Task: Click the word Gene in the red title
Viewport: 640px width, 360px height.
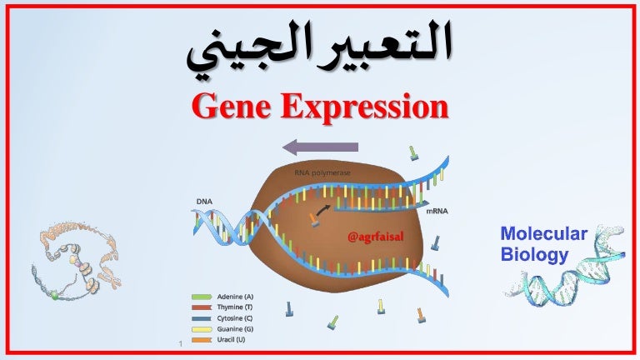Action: [x=232, y=106]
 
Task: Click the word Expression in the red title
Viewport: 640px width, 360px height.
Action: [x=364, y=107]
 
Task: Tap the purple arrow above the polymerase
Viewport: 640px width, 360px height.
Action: [x=320, y=147]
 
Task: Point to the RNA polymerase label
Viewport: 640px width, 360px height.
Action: [x=322, y=173]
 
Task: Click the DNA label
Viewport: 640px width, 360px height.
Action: [x=204, y=202]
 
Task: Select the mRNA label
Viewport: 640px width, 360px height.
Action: [x=437, y=211]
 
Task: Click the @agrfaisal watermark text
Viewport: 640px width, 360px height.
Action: [x=376, y=237]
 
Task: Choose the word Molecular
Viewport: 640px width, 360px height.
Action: [x=543, y=234]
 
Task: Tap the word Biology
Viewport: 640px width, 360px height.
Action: [x=534, y=254]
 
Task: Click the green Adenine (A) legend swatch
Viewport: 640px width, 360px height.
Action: [x=202, y=297]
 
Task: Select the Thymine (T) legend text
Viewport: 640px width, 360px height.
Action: [x=235, y=307]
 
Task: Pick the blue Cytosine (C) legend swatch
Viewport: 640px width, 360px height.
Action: [x=202, y=318]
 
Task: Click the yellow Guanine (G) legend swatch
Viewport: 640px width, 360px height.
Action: [x=202, y=329]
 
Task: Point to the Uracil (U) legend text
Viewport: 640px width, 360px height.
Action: [x=231, y=340]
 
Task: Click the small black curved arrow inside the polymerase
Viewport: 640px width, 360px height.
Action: [x=322, y=209]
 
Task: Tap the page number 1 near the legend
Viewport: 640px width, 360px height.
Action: [x=180, y=344]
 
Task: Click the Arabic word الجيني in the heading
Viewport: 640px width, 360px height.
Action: [x=232, y=51]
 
